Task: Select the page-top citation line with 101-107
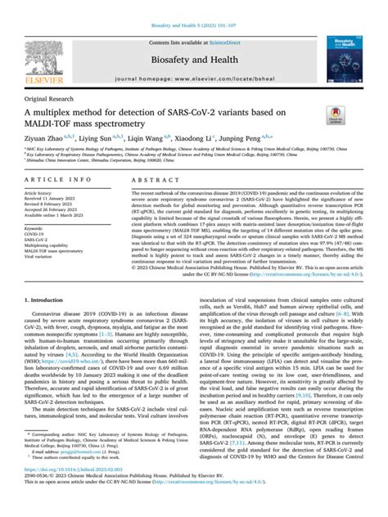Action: click(x=194, y=7)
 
